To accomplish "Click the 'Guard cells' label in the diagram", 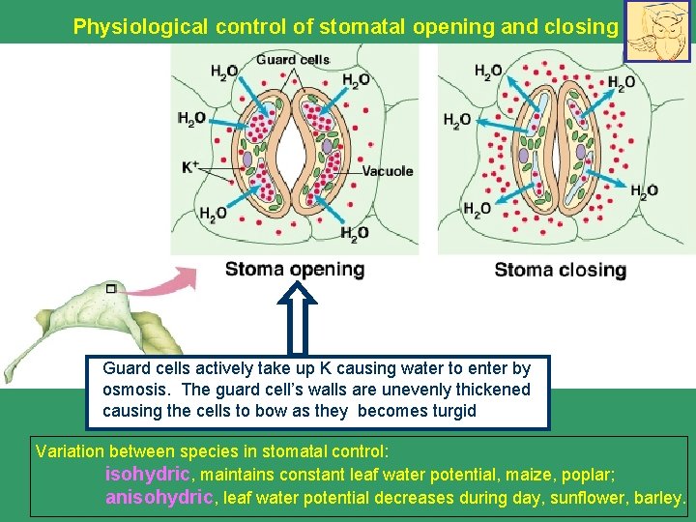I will point(294,60).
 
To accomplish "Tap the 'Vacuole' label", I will point(388,171).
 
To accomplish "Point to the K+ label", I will point(190,167).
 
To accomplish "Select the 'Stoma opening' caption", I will point(295,270).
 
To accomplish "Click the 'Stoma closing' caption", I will point(561,270).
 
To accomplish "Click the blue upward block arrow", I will point(300,319).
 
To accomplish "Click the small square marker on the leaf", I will point(111,289).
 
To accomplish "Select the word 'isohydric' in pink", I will point(149,475).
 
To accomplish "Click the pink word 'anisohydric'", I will point(159,499).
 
